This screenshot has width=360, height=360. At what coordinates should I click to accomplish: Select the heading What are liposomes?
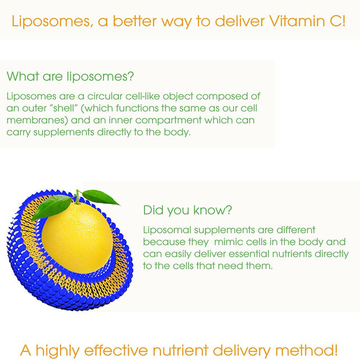coord(70,76)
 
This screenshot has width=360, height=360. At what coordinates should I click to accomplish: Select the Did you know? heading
coord(188,210)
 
